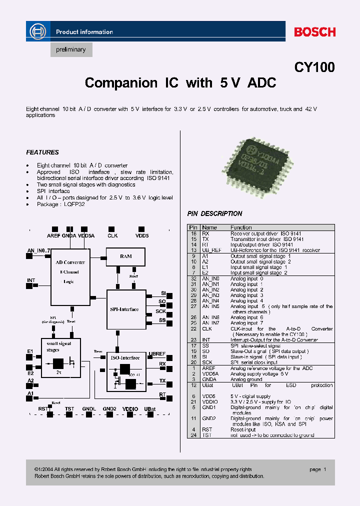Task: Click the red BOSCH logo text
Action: point(314,32)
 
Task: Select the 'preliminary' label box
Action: point(71,49)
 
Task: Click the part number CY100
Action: point(314,67)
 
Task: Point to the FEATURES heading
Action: point(42,152)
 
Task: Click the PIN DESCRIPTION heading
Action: point(214,213)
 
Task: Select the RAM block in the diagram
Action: point(125,256)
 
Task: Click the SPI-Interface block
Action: point(124,309)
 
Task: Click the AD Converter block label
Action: point(70,262)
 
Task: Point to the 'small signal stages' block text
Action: point(59,346)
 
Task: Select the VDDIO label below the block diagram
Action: point(129,409)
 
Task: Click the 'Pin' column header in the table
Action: point(193,227)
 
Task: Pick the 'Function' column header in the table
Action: point(241,227)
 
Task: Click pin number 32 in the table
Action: point(193,278)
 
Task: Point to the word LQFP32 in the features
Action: point(73,204)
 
